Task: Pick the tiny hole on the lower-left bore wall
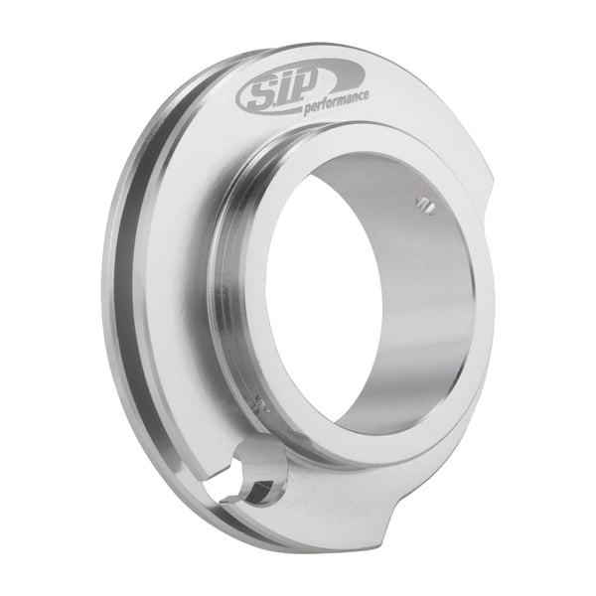coord(261,403)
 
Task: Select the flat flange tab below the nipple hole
coord(298,517)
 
